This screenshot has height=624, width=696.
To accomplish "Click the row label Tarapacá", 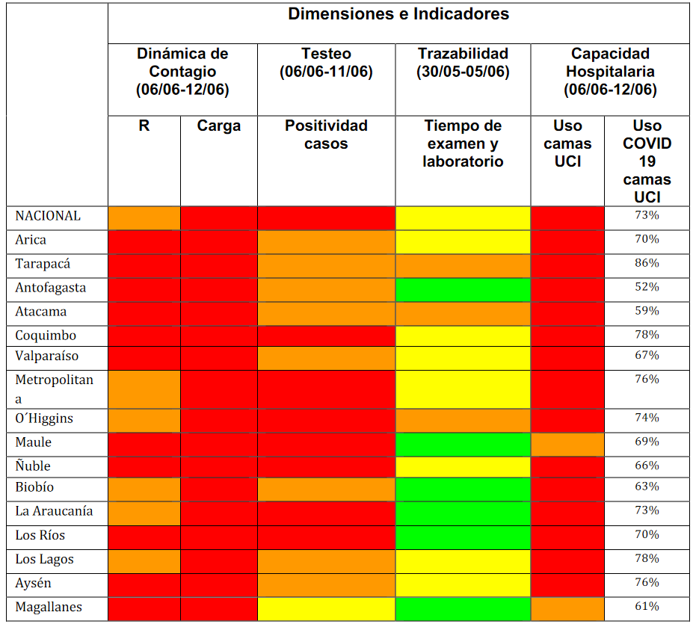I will [42, 264].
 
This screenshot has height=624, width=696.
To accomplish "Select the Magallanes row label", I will [49, 607].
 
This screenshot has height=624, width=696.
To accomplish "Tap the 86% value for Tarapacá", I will [647, 263].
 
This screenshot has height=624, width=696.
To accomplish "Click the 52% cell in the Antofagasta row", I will [647, 287].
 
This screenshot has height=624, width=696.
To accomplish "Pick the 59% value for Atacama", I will [647, 311].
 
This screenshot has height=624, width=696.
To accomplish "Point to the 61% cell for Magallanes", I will [647, 606].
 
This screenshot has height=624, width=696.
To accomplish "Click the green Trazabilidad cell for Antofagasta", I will [463, 288].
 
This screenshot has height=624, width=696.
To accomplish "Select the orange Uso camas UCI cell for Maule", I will [567, 444].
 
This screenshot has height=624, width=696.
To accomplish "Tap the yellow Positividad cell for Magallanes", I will [326, 608].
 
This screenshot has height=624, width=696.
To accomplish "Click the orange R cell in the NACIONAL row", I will [144, 217].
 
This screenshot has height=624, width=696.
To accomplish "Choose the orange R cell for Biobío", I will [144, 489].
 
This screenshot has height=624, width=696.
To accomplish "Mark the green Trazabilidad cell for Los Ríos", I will [463, 537].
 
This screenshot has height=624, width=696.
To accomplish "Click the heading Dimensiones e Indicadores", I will [398, 14].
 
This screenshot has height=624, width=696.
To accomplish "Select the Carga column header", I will [219, 126].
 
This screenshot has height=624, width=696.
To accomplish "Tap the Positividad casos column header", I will [326, 135].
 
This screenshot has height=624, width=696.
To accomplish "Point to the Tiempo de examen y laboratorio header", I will [463, 143].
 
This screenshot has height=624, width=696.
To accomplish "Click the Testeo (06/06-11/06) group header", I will [326, 63].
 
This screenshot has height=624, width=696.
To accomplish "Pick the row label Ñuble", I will [33, 466].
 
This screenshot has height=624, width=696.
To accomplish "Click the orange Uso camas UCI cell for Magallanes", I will [567, 608].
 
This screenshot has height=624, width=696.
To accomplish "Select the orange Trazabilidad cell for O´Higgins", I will [463, 420].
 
